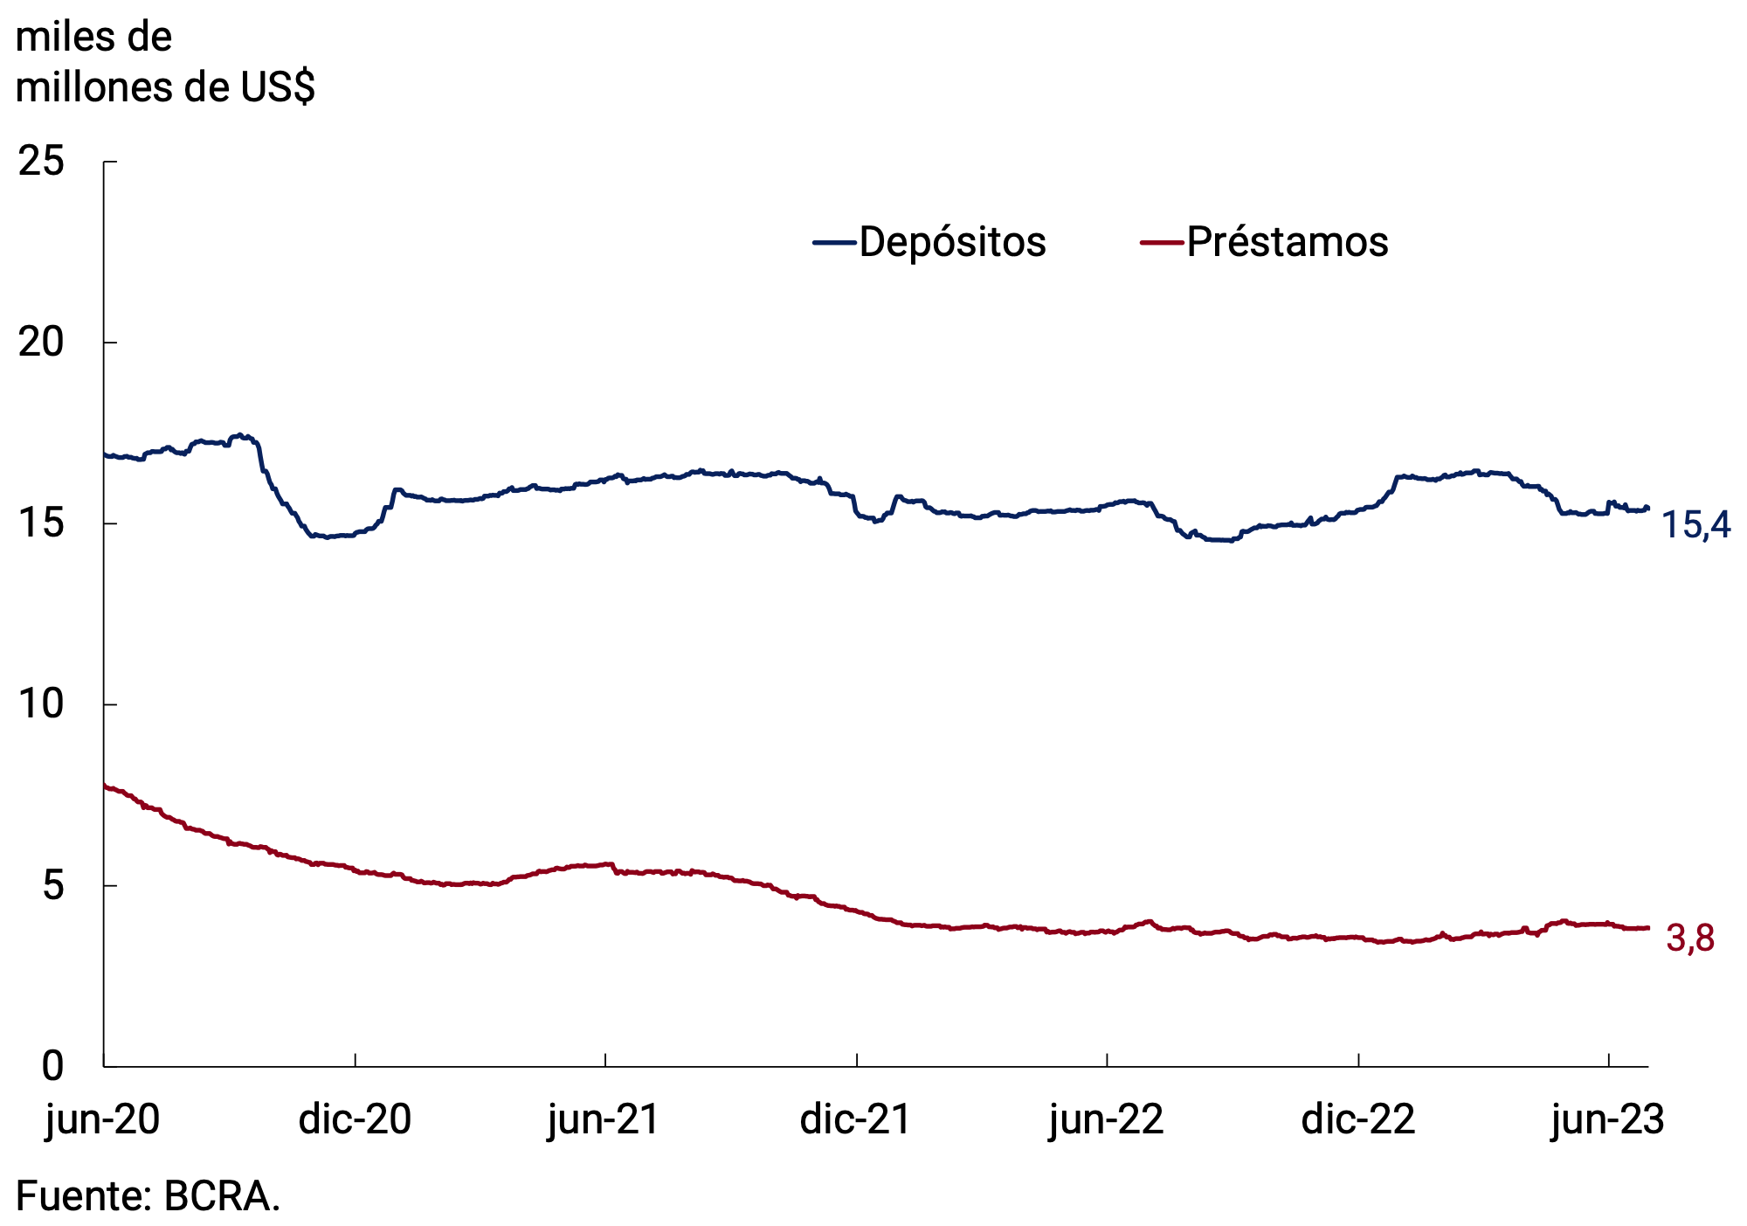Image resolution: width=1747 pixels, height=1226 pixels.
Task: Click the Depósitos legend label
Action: pos(952,242)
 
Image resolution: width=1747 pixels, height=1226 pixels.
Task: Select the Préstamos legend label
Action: pos(1287,242)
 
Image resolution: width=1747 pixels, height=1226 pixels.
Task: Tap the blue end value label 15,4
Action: pos(1695,525)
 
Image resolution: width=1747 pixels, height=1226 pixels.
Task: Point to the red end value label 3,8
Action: pos(1689,939)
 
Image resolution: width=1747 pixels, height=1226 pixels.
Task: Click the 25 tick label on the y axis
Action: pos(41,162)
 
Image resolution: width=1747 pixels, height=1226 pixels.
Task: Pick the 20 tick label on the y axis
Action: pos(41,343)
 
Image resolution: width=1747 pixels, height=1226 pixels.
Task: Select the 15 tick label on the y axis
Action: pos(41,523)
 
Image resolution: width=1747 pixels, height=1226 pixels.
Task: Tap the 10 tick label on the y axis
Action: pos(41,704)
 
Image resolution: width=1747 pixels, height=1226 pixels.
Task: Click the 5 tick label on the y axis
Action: pos(52,885)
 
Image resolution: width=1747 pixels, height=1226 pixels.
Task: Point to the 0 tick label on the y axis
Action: pos(52,1066)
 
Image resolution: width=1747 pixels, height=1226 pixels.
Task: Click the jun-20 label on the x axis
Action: pos(103,1119)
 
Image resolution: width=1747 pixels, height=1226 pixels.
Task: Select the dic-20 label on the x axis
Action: pos(355,1119)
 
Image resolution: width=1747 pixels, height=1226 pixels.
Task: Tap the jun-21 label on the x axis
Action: pos(604,1119)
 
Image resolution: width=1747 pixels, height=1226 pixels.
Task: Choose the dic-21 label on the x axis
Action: pos(855,1119)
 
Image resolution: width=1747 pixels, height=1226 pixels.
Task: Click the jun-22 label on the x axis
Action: pos(1106,1119)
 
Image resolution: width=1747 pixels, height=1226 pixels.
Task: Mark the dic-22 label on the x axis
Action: pos(1357,1119)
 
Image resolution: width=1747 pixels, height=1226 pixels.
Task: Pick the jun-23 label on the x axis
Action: pos(1607,1119)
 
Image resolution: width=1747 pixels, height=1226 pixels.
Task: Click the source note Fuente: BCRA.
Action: pos(148,1196)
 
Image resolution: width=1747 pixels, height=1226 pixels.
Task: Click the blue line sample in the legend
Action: pos(833,242)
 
